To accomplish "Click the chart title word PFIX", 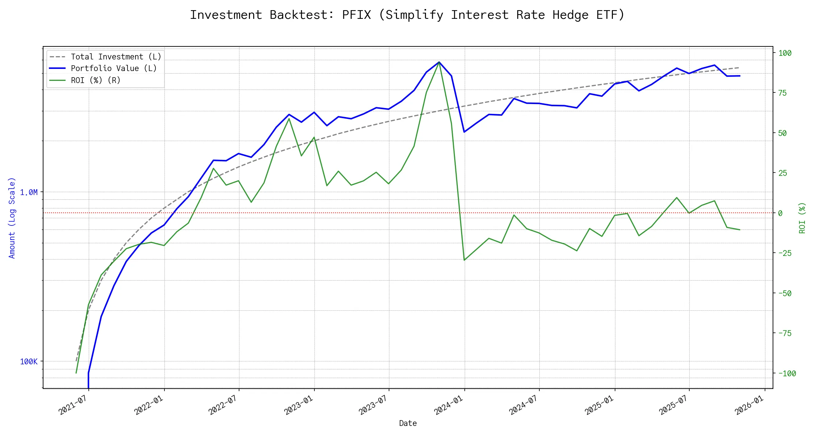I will point(356,15).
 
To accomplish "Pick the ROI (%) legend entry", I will point(96,80).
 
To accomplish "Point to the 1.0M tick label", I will point(29,192).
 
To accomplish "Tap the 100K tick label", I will point(29,361).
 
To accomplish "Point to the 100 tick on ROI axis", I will point(785,53).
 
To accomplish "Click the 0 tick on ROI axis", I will point(780,213).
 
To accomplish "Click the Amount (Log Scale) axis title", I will point(12,217).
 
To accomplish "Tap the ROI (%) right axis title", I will point(802,217).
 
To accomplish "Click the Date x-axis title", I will point(408,423).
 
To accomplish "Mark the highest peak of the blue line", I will point(439,62).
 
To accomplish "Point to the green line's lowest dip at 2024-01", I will point(464,260).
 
